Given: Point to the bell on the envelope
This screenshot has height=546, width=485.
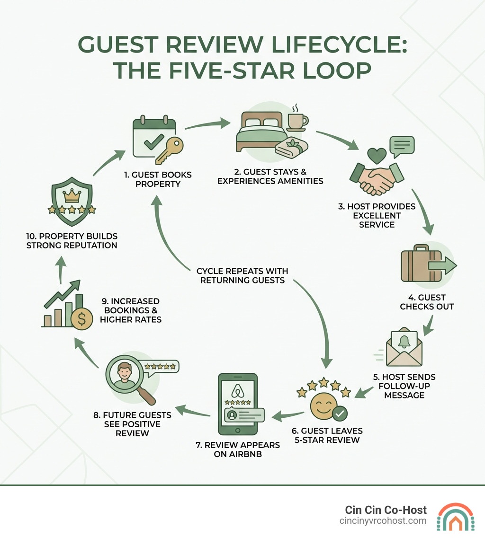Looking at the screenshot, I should pos(404,342).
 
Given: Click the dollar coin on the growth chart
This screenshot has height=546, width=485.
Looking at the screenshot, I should pos(81,320).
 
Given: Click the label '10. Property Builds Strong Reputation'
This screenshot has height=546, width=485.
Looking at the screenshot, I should pos(72,240).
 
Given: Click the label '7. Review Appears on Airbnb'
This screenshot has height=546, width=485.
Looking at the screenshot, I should pos(245,450).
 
